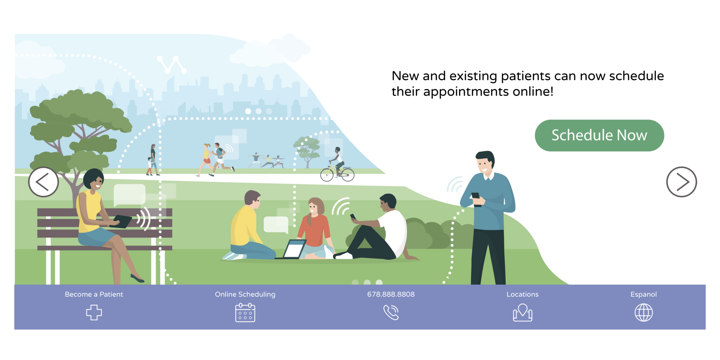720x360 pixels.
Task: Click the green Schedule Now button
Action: [599, 135]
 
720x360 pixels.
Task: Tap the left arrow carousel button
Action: [44, 182]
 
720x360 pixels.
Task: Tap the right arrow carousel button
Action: [681, 182]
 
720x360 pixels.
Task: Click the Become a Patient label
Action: [94, 294]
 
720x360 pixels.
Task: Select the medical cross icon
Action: [94, 312]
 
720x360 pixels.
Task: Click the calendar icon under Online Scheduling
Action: [245, 313]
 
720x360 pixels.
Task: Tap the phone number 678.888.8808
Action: [391, 294]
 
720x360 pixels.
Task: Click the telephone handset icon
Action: [391, 313]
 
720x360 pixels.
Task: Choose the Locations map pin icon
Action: [522, 313]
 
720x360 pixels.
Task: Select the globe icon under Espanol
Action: [643, 313]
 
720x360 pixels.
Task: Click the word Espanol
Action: [643, 295]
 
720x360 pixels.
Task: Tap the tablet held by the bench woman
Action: [121, 221]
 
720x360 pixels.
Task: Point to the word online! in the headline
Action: [533, 91]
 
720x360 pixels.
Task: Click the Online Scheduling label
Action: [245, 295]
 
